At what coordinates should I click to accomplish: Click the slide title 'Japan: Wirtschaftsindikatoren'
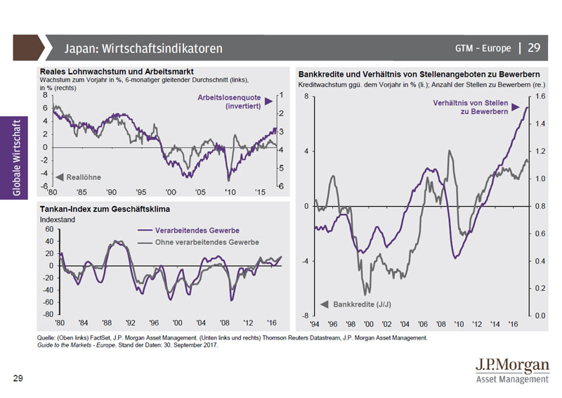click(x=143, y=49)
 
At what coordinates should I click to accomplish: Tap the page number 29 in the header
click(x=534, y=48)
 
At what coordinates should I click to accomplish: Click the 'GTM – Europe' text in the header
click(x=483, y=49)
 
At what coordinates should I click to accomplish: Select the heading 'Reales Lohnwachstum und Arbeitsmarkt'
click(x=117, y=72)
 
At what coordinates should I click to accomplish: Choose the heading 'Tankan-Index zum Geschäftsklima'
click(x=105, y=210)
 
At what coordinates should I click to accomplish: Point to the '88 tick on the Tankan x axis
click(x=106, y=323)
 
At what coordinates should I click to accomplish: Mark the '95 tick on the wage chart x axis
click(x=141, y=192)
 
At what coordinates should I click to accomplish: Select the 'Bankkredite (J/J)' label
click(x=361, y=304)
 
